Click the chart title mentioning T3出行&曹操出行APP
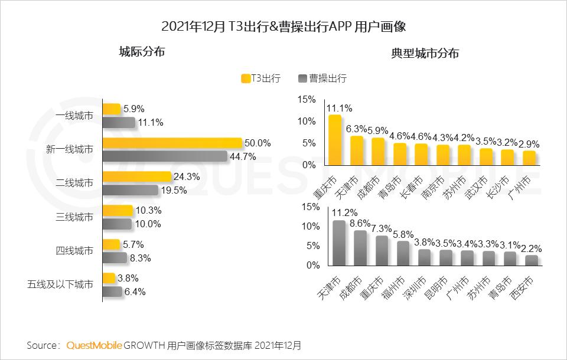tap(283, 27)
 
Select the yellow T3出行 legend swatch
tap(246, 78)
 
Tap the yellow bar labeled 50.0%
tap(172, 143)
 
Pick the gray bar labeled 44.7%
tap(165, 156)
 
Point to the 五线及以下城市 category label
tap(60, 284)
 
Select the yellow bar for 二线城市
tap(136, 176)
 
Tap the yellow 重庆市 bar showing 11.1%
tap(335, 140)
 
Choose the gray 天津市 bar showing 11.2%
tap(339, 243)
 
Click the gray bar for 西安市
tap(532, 260)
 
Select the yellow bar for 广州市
tap(529, 158)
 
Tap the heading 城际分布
tap(142, 52)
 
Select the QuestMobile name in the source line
tap(94, 345)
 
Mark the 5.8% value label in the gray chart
tap(406, 234)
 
